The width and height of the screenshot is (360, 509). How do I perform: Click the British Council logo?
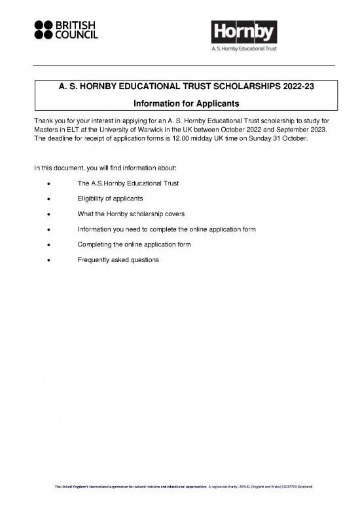tap(65, 28)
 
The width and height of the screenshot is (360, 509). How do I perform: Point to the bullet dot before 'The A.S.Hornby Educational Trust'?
tap(42, 183)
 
